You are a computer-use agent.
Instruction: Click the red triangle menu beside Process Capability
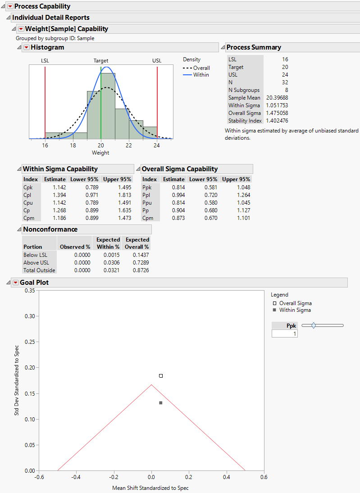coord(10,6)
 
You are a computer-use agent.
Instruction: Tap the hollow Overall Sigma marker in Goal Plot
coord(161,376)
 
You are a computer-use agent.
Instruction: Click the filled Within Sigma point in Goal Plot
coord(161,402)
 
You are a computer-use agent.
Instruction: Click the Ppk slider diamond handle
coord(314,325)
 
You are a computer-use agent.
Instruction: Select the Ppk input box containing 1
coord(284,334)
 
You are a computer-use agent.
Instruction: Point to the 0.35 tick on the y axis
coord(30,291)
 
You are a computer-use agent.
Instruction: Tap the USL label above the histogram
coord(157,60)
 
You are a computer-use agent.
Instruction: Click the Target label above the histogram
coord(101,60)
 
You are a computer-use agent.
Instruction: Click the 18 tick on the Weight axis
coord(73,145)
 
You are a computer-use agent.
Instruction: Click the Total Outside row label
coord(39,270)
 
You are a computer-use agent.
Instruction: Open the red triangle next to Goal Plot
coord(16,283)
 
